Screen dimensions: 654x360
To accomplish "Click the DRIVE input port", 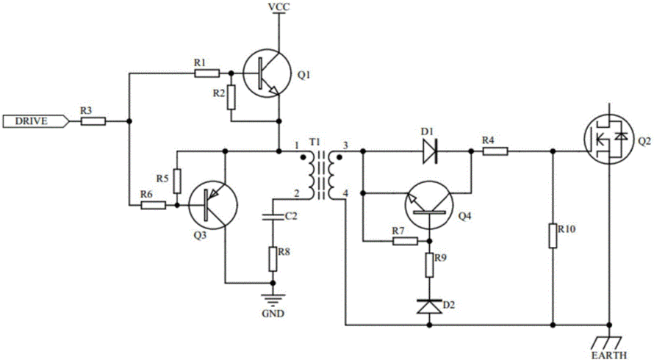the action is [x=35, y=121].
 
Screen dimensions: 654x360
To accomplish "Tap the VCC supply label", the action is [x=279, y=7].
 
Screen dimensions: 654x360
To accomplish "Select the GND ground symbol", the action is [x=273, y=300].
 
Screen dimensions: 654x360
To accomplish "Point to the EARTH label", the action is [x=609, y=355].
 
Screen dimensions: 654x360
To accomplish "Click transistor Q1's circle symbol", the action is [x=267, y=73].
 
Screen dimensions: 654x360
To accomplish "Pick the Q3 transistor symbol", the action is [x=212, y=205].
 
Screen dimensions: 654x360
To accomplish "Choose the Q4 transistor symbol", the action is [x=429, y=205].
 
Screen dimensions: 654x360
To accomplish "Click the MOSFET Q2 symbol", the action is [x=609, y=140].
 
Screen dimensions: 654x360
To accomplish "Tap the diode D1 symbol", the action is [x=430, y=151].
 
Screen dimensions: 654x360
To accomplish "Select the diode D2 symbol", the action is [x=430, y=306].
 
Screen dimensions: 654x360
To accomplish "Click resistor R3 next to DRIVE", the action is [x=93, y=121].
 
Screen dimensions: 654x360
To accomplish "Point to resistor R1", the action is [x=207, y=73].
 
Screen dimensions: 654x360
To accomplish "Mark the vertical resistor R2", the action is [x=231, y=97].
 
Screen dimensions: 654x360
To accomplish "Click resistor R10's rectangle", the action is [x=553, y=236].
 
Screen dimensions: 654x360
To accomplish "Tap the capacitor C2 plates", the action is [x=273, y=217].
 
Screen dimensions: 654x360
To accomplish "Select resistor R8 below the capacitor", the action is [x=273, y=259].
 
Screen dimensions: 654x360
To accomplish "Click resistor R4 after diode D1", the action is [x=495, y=151].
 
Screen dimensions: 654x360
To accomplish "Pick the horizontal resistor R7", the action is [x=405, y=241].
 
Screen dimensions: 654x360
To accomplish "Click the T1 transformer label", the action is [x=313, y=143].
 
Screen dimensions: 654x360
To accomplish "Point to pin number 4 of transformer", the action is [x=345, y=192].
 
